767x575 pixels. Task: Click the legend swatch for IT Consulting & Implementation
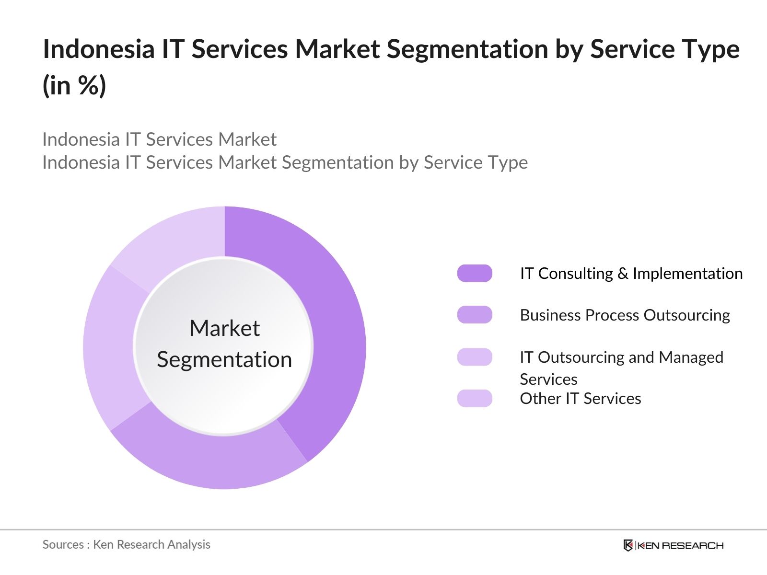(475, 273)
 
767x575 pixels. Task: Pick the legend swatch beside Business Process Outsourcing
(475, 315)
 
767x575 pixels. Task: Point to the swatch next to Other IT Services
(475, 398)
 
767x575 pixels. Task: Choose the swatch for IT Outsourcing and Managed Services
(475, 357)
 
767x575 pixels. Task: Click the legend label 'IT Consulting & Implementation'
(631, 273)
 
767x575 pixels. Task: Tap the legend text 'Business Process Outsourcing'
(625, 315)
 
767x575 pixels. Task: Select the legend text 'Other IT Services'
(580, 398)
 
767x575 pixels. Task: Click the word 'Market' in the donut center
(224, 328)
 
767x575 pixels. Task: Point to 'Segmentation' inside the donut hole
(224, 359)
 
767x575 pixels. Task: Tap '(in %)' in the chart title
(74, 85)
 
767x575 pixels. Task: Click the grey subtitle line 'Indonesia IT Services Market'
(159, 139)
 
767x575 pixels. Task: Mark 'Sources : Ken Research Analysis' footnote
(126, 544)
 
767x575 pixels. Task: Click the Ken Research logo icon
(628, 545)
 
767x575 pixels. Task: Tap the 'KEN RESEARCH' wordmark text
(681, 545)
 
